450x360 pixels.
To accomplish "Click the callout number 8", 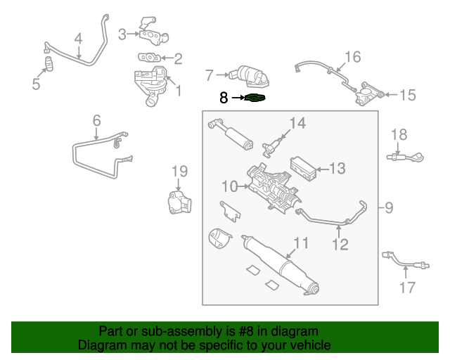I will pyautogui.click(x=224, y=98).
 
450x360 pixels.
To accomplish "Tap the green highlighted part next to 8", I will pyautogui.click(x=257, y=98).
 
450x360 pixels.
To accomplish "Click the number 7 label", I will pyautogui.click(x=209, y=74).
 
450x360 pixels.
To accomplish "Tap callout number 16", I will pyautogui.click(x=352, y=56).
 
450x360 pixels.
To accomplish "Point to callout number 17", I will pyautogui.click(x=408, y=287).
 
